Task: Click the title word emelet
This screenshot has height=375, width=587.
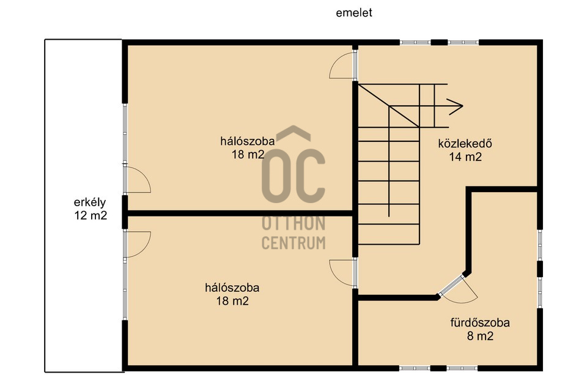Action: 354,13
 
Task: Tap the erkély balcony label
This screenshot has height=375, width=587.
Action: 90,202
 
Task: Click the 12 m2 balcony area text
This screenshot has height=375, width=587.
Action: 90,215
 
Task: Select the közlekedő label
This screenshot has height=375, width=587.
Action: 465,144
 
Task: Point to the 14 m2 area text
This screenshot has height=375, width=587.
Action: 465,157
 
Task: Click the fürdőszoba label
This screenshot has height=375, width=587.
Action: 480,322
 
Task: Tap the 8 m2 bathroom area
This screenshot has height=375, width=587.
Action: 481,336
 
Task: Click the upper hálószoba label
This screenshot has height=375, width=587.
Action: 248,141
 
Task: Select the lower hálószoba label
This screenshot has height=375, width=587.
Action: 232,288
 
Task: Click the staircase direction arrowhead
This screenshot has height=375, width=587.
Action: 455,106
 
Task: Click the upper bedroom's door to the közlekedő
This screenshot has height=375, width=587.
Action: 342,65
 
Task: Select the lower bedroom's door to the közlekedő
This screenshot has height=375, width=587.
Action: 342,273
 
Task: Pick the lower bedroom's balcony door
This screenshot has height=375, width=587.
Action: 137,244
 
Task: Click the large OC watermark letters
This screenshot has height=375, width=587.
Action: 293,176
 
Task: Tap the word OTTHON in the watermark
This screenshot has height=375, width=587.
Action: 293,223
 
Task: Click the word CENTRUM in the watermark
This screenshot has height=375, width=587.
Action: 293,243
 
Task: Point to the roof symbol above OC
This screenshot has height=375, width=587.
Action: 293,133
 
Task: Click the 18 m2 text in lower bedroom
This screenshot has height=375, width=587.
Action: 232,301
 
